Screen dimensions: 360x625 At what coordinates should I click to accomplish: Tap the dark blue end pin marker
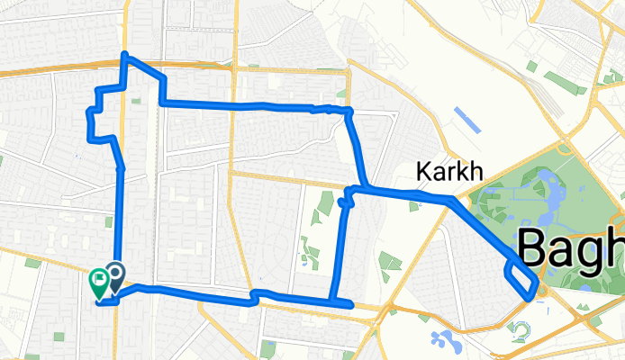tap(115, 276)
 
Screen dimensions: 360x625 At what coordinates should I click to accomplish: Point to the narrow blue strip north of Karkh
tap(468, 124)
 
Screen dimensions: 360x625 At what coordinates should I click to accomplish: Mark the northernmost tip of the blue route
tap(125, 57)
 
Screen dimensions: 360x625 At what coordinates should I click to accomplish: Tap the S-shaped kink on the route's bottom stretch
tap(256, 296)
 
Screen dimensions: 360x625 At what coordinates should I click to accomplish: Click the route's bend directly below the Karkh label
tap(448, 202)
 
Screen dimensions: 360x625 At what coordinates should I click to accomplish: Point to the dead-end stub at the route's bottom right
tap(348, 306)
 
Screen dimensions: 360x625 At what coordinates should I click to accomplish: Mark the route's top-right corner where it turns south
tap(349, 112)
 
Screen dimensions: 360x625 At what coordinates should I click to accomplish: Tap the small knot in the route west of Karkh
tap(342, 203)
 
